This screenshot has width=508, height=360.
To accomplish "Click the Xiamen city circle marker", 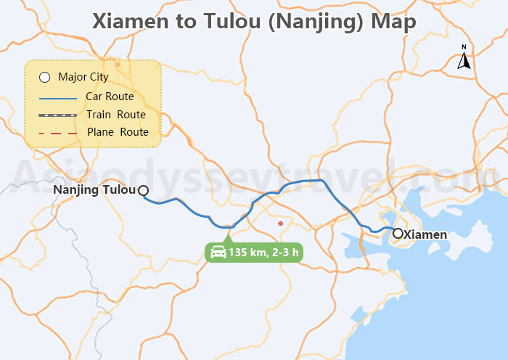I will pos(398,234).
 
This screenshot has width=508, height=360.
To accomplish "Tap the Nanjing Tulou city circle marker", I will pos(143,190).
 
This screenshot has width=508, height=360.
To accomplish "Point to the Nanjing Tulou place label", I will pos(95,190).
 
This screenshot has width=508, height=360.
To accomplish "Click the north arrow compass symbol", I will pos(464,58).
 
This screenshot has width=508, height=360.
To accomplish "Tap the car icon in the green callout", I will pos(218,253).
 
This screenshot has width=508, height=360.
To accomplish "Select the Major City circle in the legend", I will pos(44,77).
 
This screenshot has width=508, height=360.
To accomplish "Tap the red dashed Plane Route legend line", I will pos(57,133).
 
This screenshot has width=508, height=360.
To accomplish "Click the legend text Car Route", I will pos(110,97).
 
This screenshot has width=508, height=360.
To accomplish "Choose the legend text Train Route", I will pos(116,115).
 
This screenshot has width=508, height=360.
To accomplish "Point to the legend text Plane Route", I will pos(118,132).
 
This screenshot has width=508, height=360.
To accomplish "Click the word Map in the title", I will pos(393,21).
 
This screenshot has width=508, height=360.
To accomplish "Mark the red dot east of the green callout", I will pos(280,224).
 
